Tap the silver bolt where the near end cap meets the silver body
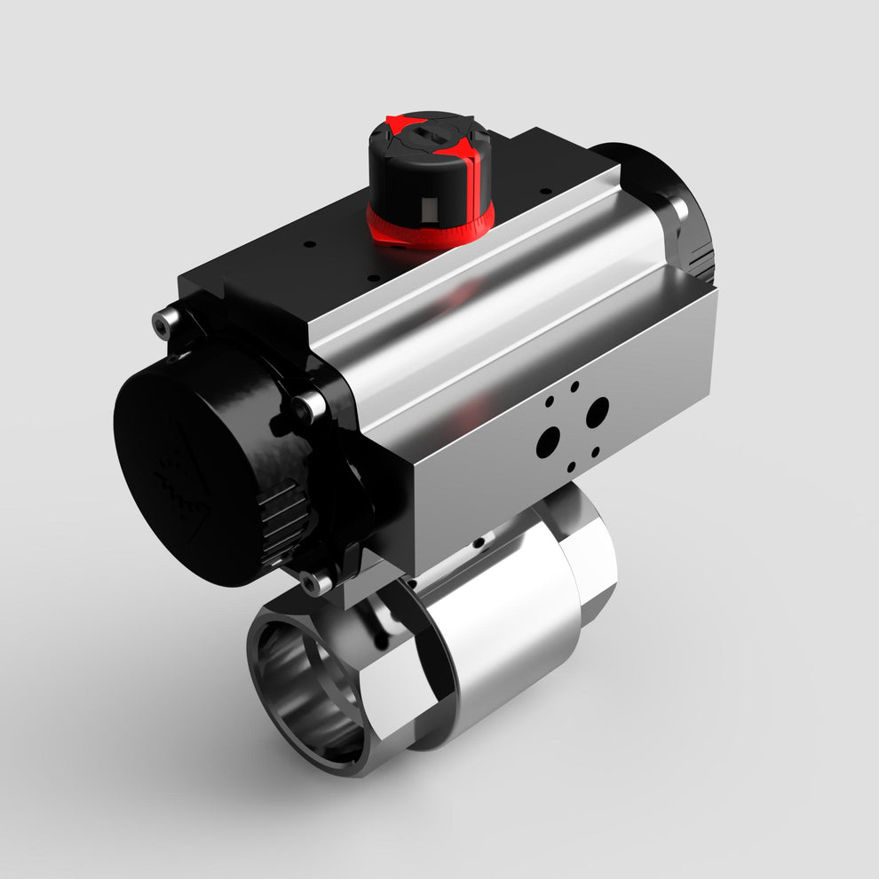coord(310,407)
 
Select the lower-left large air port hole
coord(549,440)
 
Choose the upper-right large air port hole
coord(598,409)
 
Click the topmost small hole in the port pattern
coord(574,387)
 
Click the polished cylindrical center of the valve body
coord(506,639)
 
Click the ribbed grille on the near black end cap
coord(280,519)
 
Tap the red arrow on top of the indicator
coord(404,123)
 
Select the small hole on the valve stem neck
coord(479,542)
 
